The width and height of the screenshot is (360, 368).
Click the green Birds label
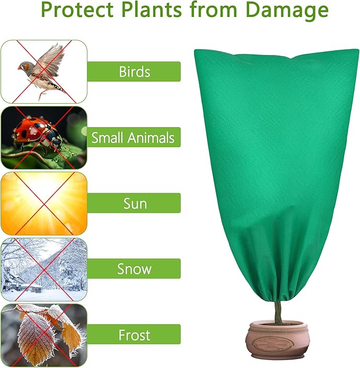click(134, 71)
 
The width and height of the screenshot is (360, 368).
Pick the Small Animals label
click(133, 138)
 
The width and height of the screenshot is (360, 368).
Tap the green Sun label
click(134, 203)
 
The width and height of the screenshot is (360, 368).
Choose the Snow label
click(134, 268)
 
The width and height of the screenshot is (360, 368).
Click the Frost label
click(134, 335)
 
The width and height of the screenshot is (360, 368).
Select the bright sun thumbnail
click(43, 203)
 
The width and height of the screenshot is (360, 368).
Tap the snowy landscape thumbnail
click(43, 269)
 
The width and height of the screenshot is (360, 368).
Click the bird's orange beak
click(20, 66)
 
